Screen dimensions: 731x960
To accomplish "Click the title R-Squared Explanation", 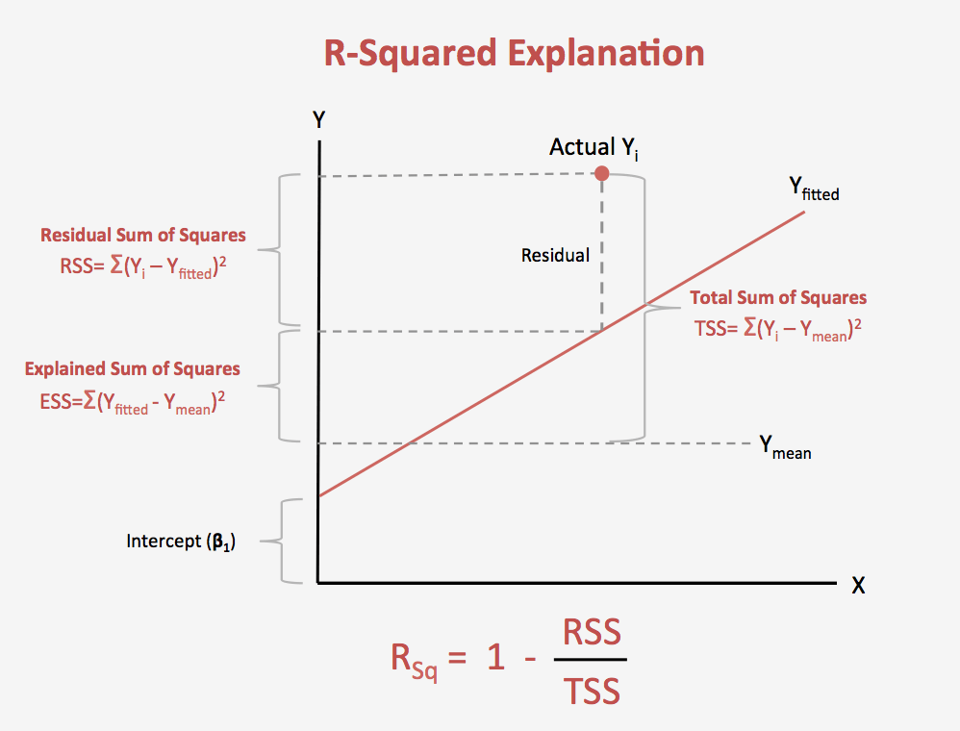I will [x=514, y=52].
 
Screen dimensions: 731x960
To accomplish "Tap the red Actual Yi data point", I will [x=602, y=174].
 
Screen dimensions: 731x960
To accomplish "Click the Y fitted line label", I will [x=814, y=189].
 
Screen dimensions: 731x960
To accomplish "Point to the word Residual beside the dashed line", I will [x=555, y=256].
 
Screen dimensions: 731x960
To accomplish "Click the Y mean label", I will [x=785, y=447].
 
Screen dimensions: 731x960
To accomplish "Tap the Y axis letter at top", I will [x=319, y=120].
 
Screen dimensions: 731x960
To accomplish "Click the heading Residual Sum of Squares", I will [x=142, y=235].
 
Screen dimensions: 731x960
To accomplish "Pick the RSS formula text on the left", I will [x=142, y=268].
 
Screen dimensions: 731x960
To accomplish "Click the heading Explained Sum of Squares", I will [x=133, y=368].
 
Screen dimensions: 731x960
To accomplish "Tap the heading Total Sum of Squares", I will [x=778, y=297].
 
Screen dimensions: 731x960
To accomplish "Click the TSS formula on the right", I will [x=777, y=330].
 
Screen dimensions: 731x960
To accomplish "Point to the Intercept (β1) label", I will [x=181, y=542].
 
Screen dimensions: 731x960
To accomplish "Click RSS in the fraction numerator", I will [x=592, y=633].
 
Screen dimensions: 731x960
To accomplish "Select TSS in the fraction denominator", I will [x=592, y=690].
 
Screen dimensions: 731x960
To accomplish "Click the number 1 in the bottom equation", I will [x=495, y=659].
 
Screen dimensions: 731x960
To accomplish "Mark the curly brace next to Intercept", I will [x=286, y=542].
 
